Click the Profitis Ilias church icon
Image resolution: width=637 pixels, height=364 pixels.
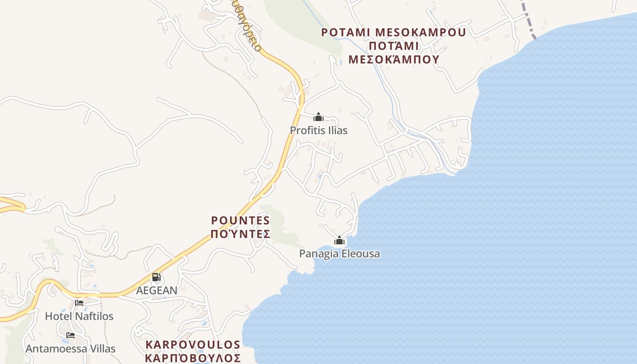pos(318,117)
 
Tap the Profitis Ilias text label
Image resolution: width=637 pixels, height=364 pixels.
pos(318,131)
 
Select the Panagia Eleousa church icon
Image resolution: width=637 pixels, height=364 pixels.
pos(339,240)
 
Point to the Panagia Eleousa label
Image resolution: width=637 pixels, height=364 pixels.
pos(339,254)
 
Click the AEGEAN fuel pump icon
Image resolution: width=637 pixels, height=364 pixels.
pos(156,277)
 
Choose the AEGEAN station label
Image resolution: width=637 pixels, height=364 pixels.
pos(157,290)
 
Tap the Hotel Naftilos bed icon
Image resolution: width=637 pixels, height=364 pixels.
pos(79,303)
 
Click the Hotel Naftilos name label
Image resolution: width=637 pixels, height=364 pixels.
pos(79,316)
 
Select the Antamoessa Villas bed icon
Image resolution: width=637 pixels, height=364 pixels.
pos(70,335)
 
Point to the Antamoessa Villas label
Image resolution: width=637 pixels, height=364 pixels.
pos(71,349)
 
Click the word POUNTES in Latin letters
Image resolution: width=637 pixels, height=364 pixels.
pos(241,221)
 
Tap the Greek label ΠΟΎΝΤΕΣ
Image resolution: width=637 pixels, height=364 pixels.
pos(241,234)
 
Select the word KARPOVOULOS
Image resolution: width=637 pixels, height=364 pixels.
pos(193,344)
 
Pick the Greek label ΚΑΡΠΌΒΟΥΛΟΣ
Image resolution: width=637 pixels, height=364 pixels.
pos(193,358)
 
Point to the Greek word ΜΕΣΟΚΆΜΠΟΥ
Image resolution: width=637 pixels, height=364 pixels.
pos(394,60)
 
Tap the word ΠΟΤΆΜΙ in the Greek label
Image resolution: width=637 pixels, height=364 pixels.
pos(394,46)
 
